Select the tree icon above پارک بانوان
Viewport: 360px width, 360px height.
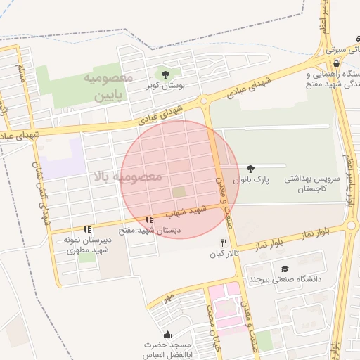click(x=250, y=169)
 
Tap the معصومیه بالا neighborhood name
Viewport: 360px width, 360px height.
click(x=127, y=176)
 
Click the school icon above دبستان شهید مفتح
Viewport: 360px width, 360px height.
click(x=149, y=220)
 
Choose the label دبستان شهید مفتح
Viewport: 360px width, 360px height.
click(x=149, y=230)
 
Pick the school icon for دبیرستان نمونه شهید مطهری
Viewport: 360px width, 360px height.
click(x=87, y=229)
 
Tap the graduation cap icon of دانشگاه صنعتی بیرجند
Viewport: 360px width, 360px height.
click(x=285, y=269)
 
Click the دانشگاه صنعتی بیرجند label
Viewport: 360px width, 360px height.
click(x=285, y=279)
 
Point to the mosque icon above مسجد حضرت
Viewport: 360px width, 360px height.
click(x=167, y=335)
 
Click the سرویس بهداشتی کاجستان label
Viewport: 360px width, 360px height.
click(x=311, y=184)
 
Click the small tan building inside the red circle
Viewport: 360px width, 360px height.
click(x=179, y=191)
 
